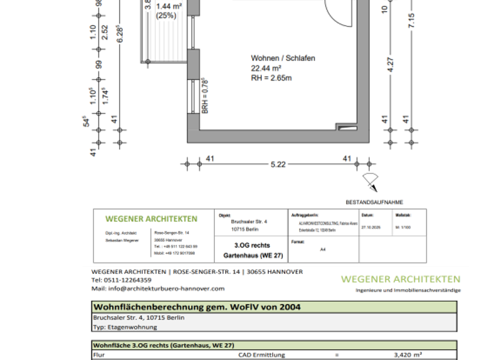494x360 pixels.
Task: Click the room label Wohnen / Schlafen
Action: coord(282,58)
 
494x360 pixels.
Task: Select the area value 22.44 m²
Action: coord(267,68)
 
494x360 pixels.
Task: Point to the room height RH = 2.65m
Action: coord(271,78)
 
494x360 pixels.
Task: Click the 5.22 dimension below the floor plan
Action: coord(278,164)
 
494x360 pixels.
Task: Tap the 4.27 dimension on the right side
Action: coord(390,66)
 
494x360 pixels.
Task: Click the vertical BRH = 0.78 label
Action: coord(205,94)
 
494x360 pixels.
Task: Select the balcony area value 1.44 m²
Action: coord(168,5)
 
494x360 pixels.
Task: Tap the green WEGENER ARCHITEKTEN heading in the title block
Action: coord(151,219)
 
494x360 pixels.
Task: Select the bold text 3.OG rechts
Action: coord(252,245)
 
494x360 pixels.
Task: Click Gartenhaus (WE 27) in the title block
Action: coord(252,255)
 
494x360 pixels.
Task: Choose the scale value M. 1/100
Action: coord(403,227)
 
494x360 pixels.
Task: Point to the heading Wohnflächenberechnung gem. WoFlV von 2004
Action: coord(196,307)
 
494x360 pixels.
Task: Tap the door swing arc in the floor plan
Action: coord(340,13)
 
